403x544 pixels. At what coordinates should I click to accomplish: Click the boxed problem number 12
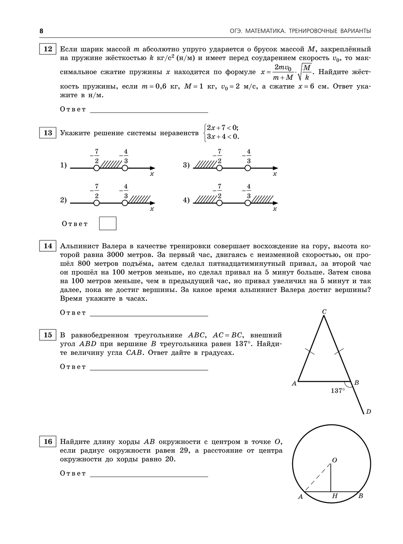point(48,49)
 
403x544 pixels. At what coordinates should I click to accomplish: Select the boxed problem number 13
point(48,133)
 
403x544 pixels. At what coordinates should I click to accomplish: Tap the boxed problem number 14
point(48,246)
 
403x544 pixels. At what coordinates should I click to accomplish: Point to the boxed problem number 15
point(48,335)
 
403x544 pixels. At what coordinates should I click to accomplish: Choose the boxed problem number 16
point(48,442)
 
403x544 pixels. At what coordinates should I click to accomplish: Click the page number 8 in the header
point(41,31)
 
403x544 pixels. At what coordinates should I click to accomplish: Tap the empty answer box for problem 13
point(108,223)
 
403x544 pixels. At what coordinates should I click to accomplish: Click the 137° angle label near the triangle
point(338,391)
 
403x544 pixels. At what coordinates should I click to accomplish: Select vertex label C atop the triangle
point(324,311)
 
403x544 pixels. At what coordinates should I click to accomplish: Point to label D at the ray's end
point(368,412)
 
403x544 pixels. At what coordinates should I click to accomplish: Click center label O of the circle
point(334,460)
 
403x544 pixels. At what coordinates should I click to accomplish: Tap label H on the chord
point(334,496)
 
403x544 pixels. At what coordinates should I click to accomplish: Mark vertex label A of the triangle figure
point(294,384)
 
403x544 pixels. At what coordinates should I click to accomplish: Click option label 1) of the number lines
point(63,165)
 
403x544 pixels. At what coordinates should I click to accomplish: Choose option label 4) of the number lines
point(186,200)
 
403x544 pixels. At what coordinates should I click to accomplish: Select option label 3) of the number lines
point(186,165)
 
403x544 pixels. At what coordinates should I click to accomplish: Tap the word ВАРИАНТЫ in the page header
point(353,31)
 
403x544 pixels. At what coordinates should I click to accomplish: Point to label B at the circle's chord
point(361,496)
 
